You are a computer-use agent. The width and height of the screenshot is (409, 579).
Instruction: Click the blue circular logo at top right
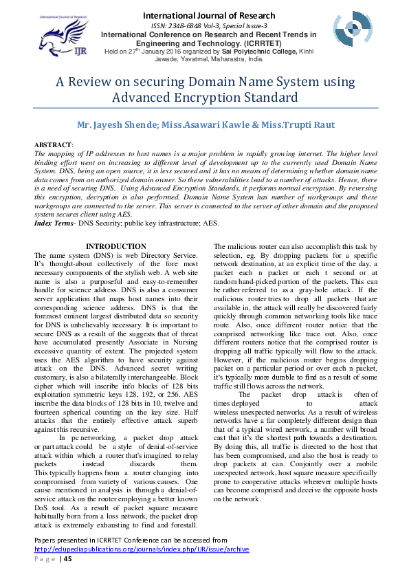tap(352, 29)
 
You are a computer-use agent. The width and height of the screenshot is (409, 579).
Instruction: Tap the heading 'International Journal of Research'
tap(208, 15)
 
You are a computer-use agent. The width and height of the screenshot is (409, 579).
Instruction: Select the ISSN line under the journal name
tap(208, 25)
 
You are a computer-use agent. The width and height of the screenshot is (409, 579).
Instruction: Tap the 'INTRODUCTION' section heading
tap(115, 246)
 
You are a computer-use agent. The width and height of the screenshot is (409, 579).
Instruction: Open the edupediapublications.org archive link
tap(142, 549)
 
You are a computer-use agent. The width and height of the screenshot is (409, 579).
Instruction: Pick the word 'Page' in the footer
tap(45, 558)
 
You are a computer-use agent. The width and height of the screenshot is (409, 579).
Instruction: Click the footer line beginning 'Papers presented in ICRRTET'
tap(130, 540)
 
